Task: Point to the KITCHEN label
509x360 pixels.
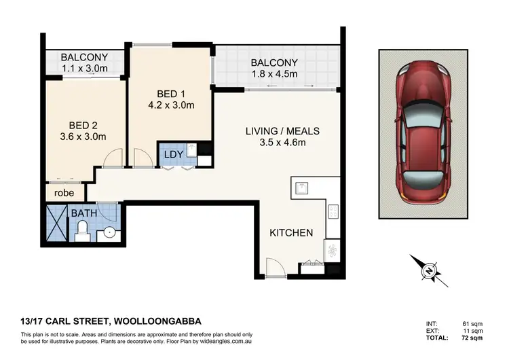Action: [291, 233]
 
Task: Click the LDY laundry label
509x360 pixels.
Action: [172, 154]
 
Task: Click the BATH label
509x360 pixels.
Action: [84, 213]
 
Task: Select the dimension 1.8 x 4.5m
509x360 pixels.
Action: [274, 75]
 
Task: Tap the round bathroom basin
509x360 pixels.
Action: [107, 234]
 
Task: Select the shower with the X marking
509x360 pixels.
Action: [56, 225]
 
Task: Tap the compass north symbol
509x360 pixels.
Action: [429, 271]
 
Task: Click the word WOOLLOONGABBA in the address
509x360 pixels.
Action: [157, 321]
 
